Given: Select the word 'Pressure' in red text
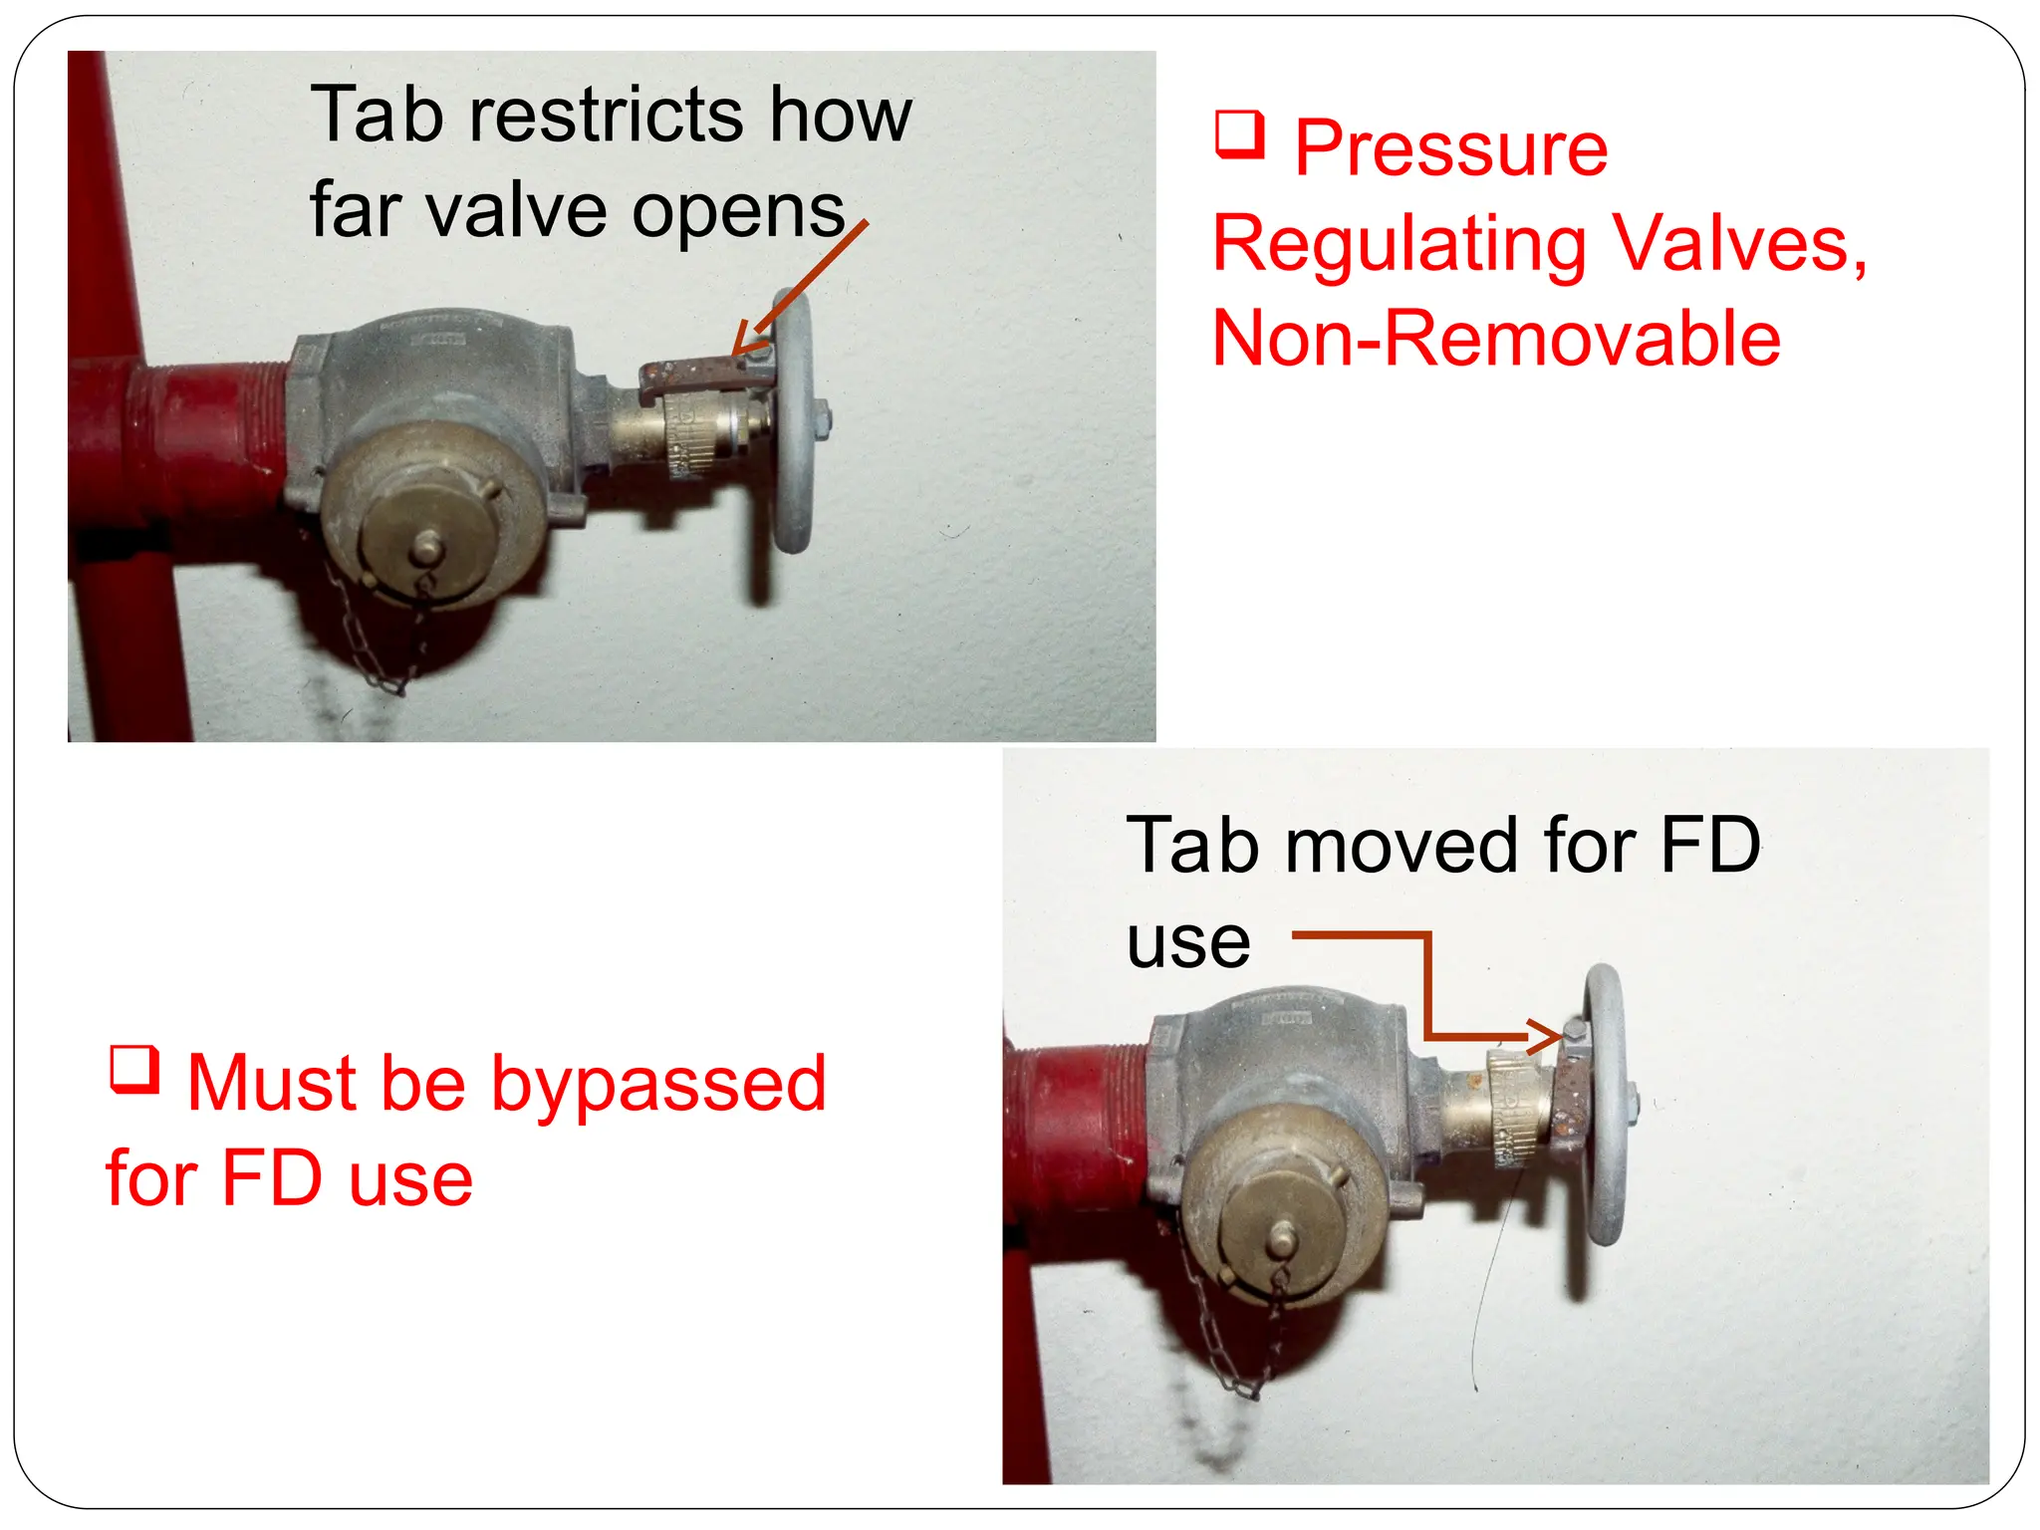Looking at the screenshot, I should [x=1450, y=149].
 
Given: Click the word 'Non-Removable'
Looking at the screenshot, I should [x=1496, y=339].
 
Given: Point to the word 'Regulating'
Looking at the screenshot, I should [x=1400, y=245].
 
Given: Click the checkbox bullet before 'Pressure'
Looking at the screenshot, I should [x=1239, y=135].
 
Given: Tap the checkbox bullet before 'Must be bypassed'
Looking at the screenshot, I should [x=133, y=1070].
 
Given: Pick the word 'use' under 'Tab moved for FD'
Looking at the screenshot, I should [x=1187, y=941].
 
